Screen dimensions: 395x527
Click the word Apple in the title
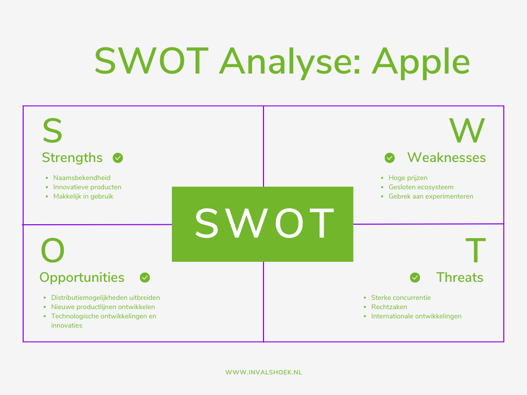(420, 62)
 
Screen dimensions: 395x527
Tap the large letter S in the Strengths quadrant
(52, 131)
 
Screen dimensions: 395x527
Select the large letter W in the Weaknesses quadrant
(467, 131)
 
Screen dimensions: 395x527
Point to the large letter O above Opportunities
(52, 251)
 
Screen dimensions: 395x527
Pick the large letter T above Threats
(476, 251)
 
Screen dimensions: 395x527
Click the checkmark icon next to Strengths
(118, 158)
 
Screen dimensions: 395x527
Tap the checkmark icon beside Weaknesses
(390, 158)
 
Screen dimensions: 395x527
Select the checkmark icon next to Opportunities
(145, 278)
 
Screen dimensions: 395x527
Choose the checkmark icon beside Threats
(415, 278)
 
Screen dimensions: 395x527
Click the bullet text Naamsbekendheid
(81, 178)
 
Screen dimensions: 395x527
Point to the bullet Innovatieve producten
(87, 187)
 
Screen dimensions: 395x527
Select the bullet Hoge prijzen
(408, 178)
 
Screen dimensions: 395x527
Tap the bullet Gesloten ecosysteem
(421, 187)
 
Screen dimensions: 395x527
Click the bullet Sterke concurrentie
(401, 298)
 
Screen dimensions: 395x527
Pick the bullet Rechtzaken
(389, 307)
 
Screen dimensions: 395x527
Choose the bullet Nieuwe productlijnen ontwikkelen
(103, 307)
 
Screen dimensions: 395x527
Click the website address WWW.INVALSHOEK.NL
(263, 372)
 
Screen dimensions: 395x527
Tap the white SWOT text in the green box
(263, 224)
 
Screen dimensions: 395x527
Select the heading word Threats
(460, 278)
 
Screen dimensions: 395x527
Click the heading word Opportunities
(82, 278)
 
